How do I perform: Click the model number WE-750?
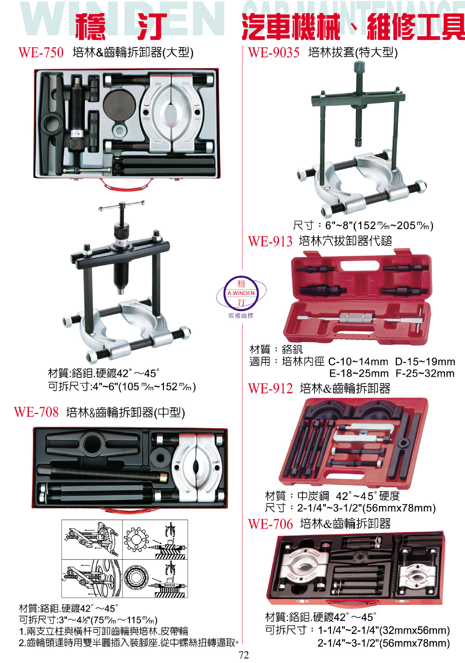point(41,53)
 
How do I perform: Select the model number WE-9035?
point(274,53)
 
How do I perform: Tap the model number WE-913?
point(270,241)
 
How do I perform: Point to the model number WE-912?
point(270,389)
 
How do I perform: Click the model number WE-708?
point(36,412)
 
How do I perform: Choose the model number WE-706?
point(270,524)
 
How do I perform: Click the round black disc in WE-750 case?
point(120,105)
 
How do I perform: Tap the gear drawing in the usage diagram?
point(135,539)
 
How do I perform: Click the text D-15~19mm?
point(425,362)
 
